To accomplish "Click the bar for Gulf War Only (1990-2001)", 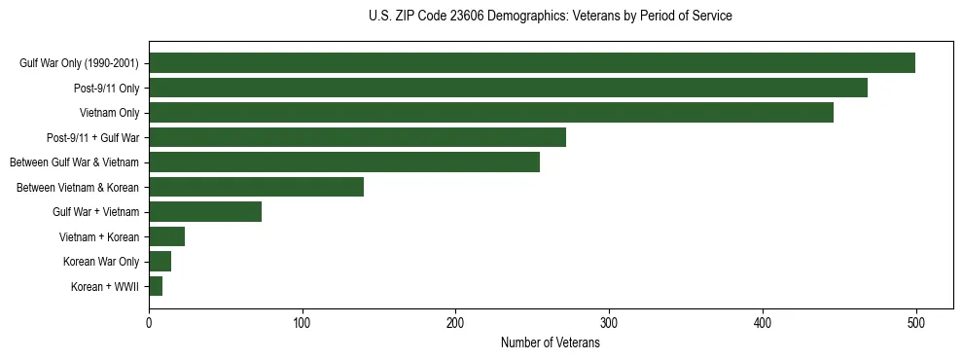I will click(531, 63).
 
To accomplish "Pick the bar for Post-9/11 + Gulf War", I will click(357, 137).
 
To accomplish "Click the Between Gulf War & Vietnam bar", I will click(344, 162).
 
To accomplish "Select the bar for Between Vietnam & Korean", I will click(256, 187).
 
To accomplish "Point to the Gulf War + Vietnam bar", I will click(205, 212).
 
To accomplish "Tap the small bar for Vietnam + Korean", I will click(166, 236).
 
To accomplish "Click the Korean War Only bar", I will click(160, 262).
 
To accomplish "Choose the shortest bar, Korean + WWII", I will click(156, 286).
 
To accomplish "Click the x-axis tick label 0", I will click(149, 322).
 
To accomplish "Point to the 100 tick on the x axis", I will click(303, 322).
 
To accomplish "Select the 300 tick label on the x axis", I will click(609, 322).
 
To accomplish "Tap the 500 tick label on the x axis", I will click(915, 322).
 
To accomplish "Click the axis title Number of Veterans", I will click(550, 342).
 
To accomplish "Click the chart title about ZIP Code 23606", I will click(550, 17).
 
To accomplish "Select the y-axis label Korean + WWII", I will click(105, 287).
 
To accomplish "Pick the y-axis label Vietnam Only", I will click(109, 113).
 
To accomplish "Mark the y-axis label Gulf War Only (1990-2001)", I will click(79, 63).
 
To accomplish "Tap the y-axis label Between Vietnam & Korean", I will click(78, 187).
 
